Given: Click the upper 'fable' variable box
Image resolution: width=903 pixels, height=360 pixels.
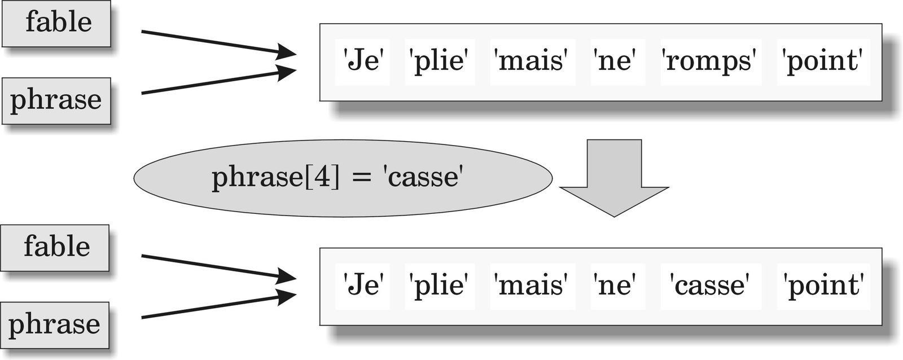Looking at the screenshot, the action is (56, 24).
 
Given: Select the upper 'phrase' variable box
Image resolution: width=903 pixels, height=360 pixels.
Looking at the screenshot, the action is (56, 101).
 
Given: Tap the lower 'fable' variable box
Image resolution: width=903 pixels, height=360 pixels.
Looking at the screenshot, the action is (55, 248).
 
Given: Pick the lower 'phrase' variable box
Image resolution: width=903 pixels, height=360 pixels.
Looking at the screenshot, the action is (55, 325).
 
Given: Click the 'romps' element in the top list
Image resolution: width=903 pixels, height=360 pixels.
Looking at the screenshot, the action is (711, 62).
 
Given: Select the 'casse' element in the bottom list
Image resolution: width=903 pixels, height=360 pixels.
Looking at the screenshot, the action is (711, 287).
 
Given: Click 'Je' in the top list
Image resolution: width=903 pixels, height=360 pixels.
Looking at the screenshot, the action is (362, 62).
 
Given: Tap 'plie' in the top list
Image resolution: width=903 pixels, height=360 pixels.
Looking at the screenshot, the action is (440, 62).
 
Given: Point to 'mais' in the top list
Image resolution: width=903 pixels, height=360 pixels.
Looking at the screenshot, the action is (533, 62).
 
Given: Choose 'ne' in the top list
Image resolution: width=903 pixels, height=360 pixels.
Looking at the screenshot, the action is (618, 62).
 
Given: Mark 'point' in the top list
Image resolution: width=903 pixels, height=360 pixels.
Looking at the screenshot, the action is (823, 62).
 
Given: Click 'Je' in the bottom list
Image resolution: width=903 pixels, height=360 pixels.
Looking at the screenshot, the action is (362, 287).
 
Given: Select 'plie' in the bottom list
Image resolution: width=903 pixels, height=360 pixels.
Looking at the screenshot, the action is (440, 287).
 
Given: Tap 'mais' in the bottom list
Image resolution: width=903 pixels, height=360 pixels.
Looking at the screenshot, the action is (533, 287).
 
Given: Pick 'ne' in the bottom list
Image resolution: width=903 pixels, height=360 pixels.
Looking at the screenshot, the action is (618, 287).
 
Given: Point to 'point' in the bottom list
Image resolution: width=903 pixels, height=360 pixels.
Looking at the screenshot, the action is (823, 287).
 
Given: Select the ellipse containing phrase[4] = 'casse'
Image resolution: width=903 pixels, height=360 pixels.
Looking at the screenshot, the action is (343, 178).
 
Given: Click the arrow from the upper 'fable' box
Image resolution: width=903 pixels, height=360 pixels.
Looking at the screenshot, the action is (218, 42).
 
